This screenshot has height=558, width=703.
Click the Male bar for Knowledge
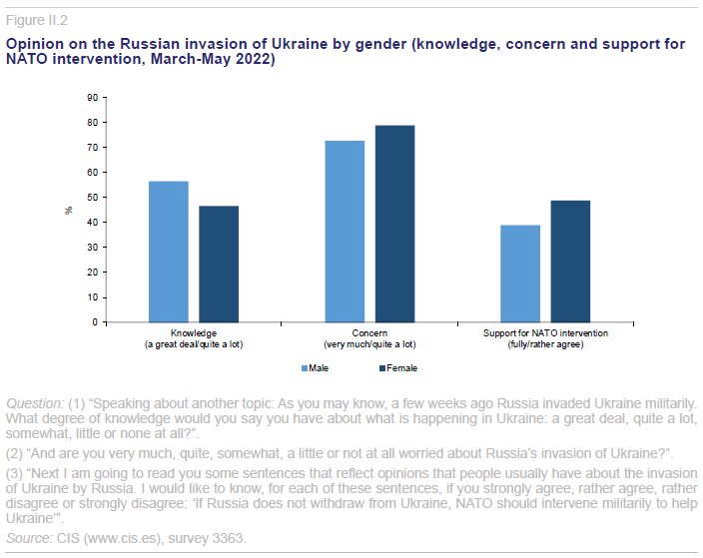point(169,252)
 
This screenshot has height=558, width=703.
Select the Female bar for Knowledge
point(219,265)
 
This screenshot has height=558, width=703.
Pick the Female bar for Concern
point(394,224)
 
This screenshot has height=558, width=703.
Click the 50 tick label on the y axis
point(91,198)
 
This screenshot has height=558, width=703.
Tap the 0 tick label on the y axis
point(94,322)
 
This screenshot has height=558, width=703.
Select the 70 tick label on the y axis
point(91,148)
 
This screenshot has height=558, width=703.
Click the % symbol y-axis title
point(69,210)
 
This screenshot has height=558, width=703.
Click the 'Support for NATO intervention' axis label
point(545,332)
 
